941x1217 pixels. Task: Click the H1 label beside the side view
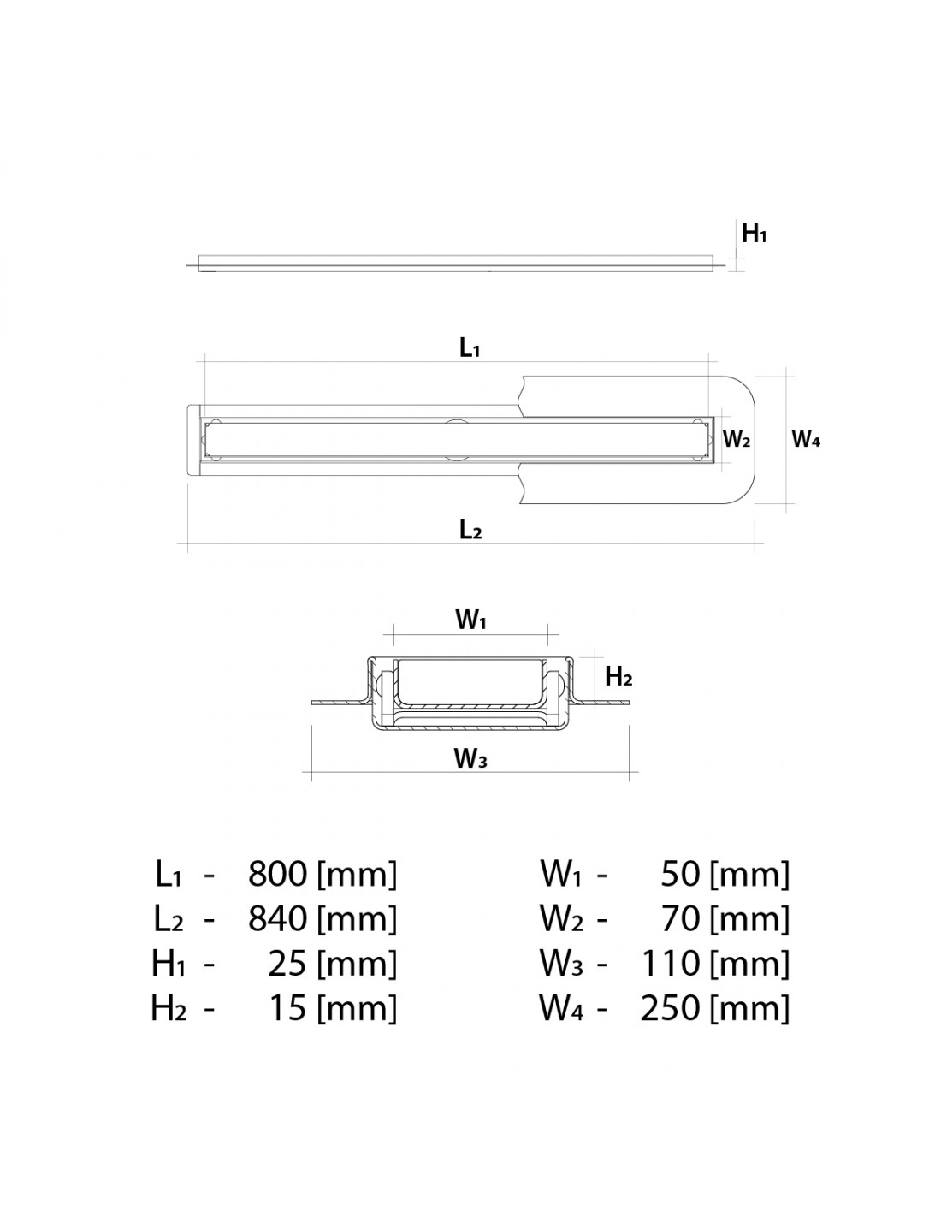754,233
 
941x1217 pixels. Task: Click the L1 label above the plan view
470,348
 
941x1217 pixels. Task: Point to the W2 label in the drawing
737,440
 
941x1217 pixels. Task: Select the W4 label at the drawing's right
806,440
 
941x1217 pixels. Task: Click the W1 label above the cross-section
470,621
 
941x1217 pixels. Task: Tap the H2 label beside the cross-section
618,677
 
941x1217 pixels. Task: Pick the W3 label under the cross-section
470,757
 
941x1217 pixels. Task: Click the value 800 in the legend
277,874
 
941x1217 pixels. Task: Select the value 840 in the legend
277,918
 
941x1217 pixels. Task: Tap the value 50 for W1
680,874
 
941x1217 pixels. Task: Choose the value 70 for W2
680,918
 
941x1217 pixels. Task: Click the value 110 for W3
672,964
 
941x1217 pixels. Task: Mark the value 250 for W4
670,1008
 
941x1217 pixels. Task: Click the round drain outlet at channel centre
456,439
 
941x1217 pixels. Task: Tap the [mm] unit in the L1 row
357,874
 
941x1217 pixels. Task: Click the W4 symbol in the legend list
560,1008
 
